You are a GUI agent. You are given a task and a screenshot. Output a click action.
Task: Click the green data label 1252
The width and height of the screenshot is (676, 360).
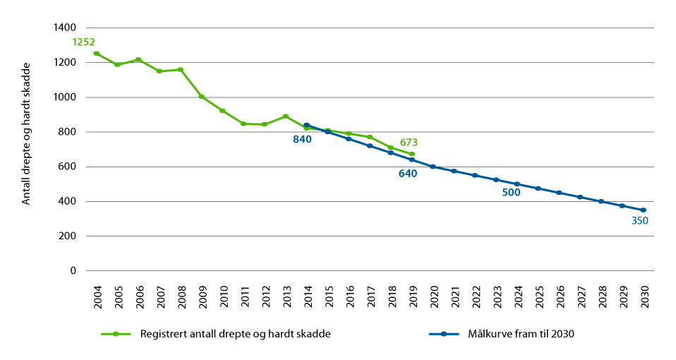83,42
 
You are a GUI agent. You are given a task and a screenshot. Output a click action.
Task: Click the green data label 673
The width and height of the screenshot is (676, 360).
409,143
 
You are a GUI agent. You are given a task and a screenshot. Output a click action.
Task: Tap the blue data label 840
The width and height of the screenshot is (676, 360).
303,140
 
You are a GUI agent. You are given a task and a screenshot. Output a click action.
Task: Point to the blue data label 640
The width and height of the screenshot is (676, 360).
408,173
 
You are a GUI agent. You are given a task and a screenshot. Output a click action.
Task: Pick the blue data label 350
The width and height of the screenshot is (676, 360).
640,220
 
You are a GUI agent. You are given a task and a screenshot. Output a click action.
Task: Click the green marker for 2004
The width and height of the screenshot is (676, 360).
96,54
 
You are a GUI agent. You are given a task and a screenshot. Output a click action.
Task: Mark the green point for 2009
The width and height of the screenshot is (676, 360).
201,97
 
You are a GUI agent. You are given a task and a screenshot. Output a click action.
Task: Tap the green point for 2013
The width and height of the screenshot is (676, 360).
285,116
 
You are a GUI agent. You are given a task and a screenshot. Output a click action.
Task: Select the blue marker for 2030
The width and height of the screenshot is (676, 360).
643,210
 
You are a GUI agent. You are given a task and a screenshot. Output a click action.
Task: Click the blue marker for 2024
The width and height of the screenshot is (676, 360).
517,184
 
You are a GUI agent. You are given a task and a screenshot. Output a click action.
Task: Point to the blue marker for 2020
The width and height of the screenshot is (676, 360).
433,167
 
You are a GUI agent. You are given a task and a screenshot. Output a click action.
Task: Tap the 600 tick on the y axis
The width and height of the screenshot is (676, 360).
68,167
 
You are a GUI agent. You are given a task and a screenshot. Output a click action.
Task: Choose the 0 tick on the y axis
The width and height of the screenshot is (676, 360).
73,271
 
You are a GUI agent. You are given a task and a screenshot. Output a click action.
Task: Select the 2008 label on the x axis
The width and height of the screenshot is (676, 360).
181,294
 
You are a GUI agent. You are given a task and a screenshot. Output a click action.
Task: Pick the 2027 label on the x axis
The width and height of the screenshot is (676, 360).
580,294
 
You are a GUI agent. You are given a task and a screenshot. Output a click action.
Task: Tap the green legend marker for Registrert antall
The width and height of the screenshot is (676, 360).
116,334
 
